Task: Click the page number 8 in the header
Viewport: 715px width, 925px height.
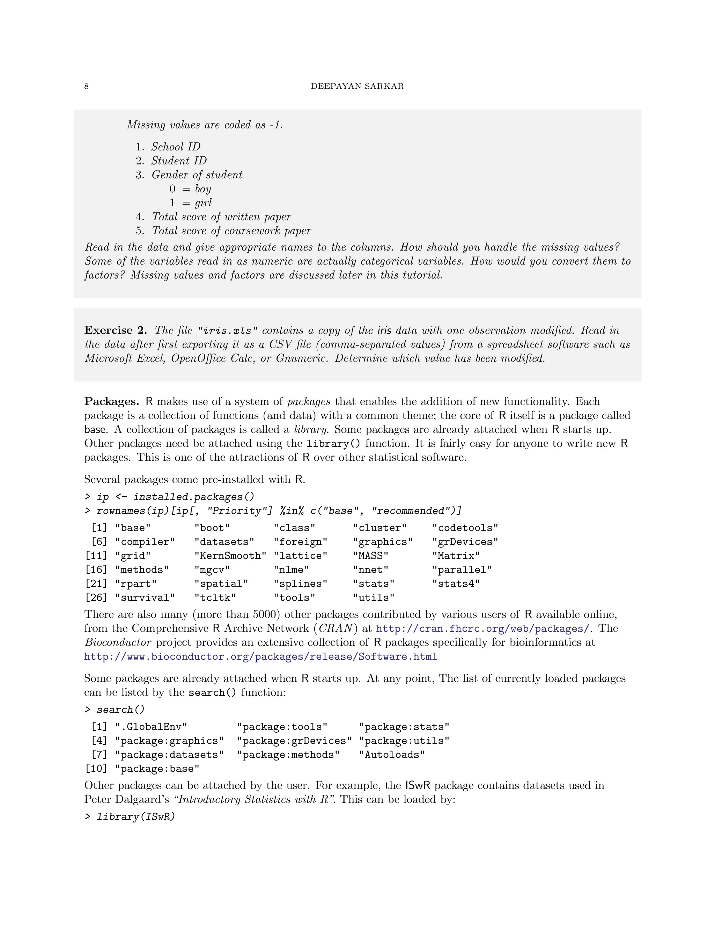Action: coord(87,87)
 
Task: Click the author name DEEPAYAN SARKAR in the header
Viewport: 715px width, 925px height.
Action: coord(357,87)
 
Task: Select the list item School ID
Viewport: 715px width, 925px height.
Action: coord(175,147)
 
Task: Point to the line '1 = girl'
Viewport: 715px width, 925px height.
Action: coord(190,203)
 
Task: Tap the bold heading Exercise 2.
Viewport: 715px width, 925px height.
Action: coord(115,330)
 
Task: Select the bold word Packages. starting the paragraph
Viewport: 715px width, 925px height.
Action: coord(111,401)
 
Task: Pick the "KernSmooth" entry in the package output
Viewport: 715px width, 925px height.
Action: coord(230,556)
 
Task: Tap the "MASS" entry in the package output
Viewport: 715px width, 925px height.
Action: coord(371,556)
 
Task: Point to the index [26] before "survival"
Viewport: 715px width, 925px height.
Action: coord(96,598)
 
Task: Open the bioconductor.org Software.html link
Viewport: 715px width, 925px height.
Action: coord(260,657)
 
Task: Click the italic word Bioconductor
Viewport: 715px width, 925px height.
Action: coord(118,643)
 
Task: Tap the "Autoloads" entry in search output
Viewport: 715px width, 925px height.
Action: coord(392,755)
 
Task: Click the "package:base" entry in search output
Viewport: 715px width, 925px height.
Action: coord(157,769)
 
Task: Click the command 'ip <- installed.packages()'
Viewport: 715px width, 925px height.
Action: coord(175,497)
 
